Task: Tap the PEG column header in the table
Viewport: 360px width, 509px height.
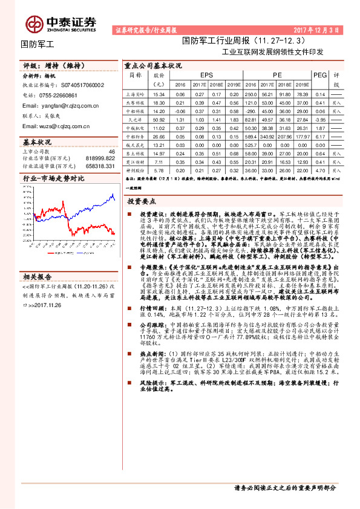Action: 319,74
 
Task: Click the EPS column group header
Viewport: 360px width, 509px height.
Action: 206,74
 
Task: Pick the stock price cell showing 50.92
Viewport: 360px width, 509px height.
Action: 159,120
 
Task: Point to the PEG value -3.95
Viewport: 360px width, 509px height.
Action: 320,120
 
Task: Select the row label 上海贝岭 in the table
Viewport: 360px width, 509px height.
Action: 134,95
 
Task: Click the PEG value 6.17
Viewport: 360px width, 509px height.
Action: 320,137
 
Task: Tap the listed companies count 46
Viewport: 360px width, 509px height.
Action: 111,151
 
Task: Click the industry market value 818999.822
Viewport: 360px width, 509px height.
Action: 100,158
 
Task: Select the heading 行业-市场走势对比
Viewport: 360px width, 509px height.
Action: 53,178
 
